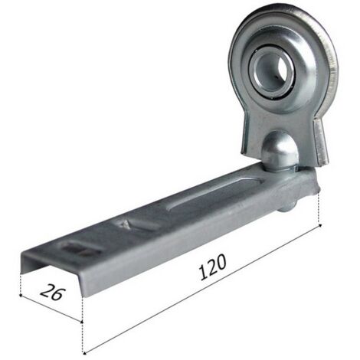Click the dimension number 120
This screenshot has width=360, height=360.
tap(212, 267)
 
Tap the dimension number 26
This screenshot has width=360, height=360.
tap(53, 292)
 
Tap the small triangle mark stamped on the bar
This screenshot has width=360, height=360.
tap(125, 224)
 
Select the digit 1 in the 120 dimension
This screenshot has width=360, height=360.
tap(202, 273)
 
